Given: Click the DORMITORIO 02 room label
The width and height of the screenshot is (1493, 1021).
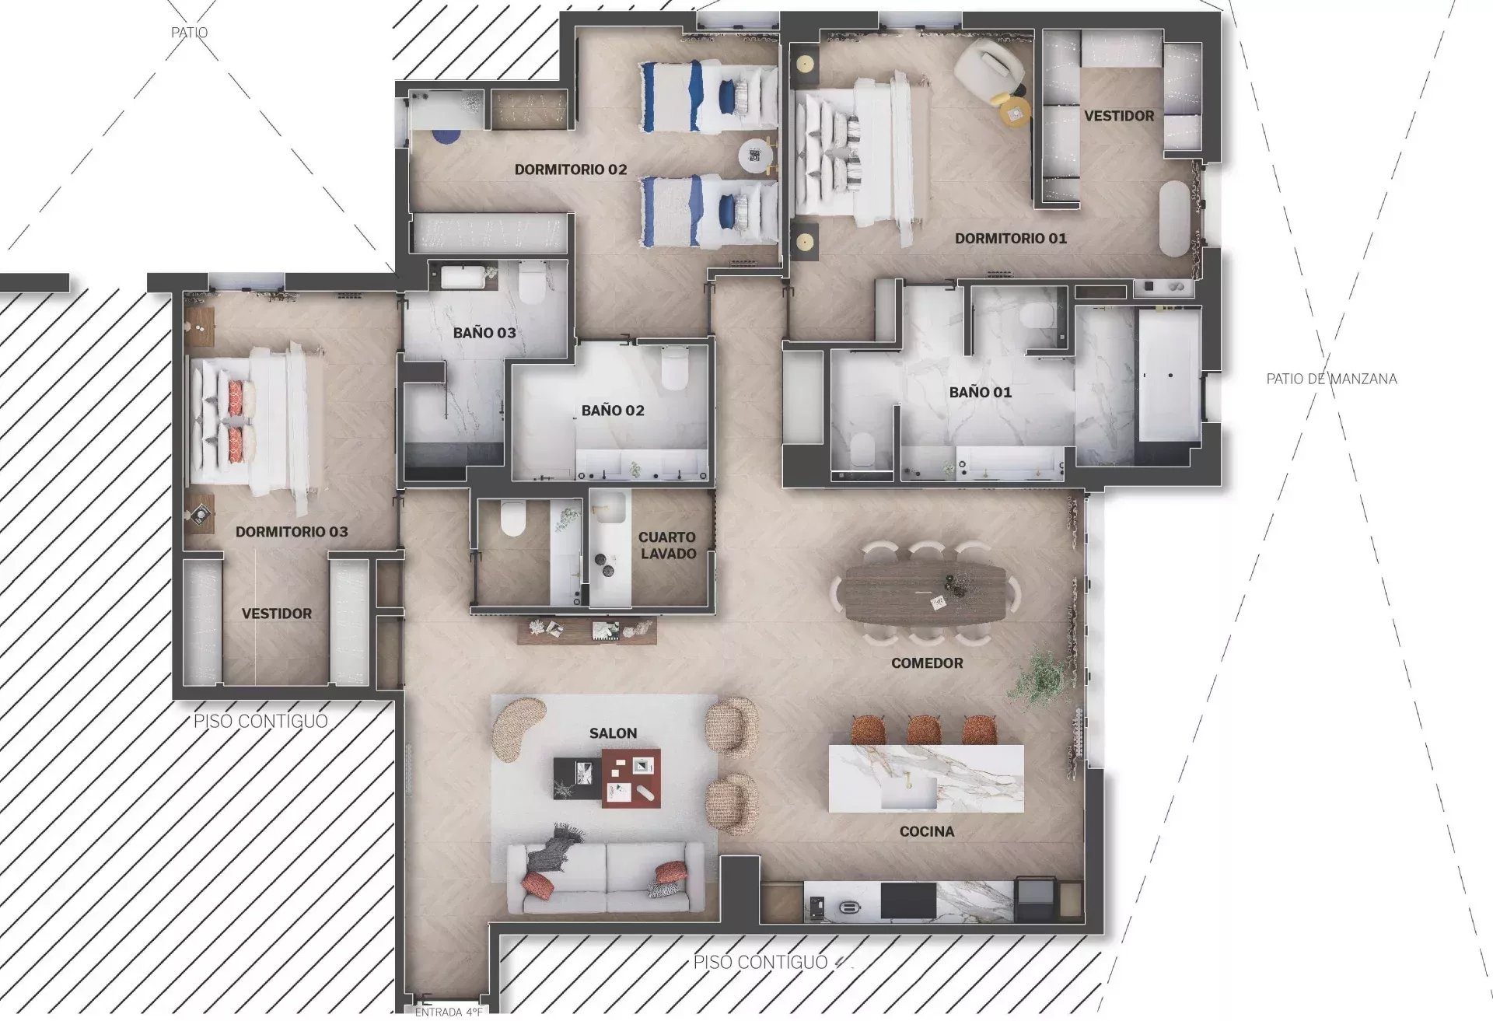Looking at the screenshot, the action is coord(571,170).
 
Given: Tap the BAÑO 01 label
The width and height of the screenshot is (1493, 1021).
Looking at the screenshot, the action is coord(981,393).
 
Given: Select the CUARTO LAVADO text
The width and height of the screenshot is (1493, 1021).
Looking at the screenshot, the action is coord(667,545).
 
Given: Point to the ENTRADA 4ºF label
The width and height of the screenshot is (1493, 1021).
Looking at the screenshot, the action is coord(449,1012).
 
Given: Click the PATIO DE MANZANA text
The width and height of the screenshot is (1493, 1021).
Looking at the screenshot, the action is coord(1331,379).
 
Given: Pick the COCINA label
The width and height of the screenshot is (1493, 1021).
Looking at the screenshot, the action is coord(927,832).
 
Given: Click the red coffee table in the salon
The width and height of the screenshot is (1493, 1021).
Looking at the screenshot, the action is coord(631,778).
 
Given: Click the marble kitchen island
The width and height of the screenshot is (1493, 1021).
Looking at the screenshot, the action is coord(926,778).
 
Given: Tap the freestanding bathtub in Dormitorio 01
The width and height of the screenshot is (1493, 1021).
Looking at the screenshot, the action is coord(1175,219).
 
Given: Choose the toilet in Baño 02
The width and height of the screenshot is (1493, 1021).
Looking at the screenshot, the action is coord(674,368).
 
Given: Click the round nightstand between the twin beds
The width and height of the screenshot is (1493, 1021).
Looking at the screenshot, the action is coord(754,156).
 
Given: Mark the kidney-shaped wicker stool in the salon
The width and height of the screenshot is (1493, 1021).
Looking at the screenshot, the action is coord(517,728).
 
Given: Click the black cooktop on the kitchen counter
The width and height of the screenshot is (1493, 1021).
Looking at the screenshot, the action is coord(908,901).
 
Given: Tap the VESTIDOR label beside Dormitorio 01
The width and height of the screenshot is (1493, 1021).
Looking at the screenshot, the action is coord(1119,116).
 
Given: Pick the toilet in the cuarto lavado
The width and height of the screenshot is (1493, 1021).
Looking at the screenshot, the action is coord(513,519).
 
